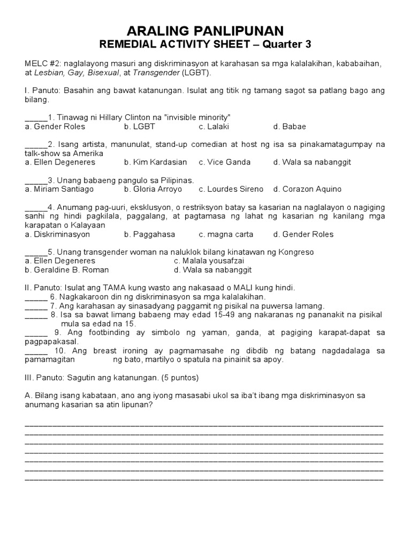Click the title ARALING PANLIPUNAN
coord(205,30)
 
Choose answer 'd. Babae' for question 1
coord(290,127)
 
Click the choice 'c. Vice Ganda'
coord(224,162)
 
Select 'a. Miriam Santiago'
coord(59,189)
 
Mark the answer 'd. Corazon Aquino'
coord(307,189)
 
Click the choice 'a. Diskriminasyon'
coord(57,234)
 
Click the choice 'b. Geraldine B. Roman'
coord(67,270)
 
